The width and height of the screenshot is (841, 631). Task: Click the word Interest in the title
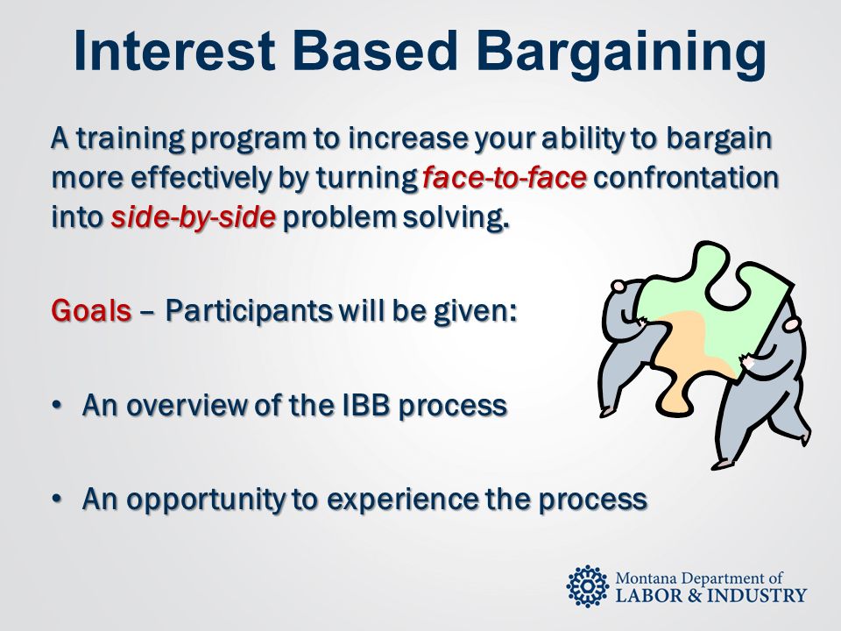pyautogui.click(x=174, y=51)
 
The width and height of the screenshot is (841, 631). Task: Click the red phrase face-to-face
pyautogui.click(x=505, y=178)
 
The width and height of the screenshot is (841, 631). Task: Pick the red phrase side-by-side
pyautogui.click(x=194, y=217)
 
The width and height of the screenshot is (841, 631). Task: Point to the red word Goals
pyautogui.click(x=91, y=309)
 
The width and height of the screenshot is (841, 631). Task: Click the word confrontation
pyautogui.click(x=685, y=178)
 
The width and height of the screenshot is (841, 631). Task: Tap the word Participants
pyautogui.click(x=248, y=310)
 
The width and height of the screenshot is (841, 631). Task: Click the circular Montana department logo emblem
pyautogui.click(x=588, y=586)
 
